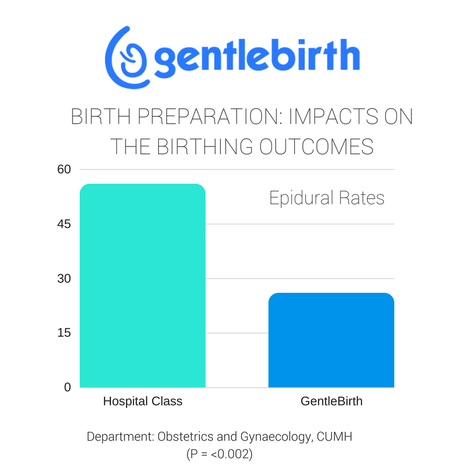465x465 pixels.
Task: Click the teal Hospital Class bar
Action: (x=142, y=285)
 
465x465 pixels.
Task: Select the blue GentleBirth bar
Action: (x=331, y=340)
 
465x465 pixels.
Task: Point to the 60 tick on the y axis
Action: (x=64, y=169)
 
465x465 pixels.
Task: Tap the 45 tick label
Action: (x=64, y=224)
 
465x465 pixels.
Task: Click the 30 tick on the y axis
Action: (x=64, y=278)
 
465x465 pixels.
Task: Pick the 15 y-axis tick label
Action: (x=64, y=332)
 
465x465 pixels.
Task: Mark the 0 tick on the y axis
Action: (x=67, y=387)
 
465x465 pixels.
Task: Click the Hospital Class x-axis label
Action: (x=142, y=401)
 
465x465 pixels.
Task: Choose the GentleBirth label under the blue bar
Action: (x=331, y=401)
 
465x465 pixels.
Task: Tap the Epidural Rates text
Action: (x=327, y=198)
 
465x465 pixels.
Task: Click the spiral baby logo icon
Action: (x=127, y=58)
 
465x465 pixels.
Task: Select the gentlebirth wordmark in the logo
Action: (x=257, y=58)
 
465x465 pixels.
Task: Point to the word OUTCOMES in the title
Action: (x=316, y=146)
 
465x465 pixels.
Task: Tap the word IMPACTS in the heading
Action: (x=334, y=117)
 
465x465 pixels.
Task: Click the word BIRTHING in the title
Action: (x=205, y=146)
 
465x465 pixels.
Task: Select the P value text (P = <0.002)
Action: (x=220, y=454)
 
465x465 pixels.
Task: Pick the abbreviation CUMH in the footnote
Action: (x=334, y=437)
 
